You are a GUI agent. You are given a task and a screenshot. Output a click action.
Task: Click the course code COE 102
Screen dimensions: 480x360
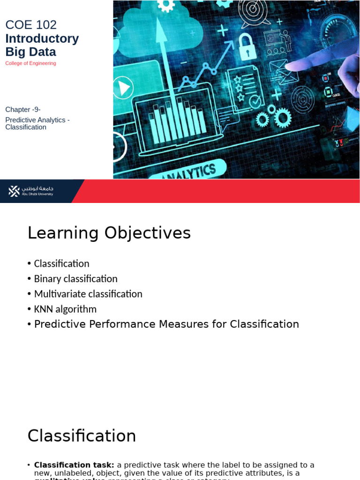[31, 25]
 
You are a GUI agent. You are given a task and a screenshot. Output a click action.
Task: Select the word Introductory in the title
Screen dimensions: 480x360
[42, 38]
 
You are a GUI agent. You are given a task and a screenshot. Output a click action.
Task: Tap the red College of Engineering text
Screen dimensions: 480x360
[30, 63]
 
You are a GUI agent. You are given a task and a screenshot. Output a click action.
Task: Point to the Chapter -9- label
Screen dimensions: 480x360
[23, 110]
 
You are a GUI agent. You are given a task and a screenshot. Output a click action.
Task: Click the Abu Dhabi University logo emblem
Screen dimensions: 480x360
[14, 191]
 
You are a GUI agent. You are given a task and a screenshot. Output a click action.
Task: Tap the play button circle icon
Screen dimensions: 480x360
[123, 88]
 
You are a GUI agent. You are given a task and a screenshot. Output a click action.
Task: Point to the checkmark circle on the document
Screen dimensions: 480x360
[255, 101]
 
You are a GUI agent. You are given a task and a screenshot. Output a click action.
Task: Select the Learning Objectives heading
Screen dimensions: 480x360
[109, 233]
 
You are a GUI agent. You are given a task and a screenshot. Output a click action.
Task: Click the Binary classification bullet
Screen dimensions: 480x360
[75, 279]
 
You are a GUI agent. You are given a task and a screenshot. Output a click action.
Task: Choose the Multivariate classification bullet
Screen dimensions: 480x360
[88, 294]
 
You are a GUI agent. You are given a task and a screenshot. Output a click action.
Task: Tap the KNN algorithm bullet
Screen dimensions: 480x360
[65, 309]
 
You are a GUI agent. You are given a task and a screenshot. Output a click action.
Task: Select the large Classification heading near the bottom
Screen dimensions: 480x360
[82, 436]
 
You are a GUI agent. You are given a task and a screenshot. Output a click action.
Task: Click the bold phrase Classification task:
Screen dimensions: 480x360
[74, 465]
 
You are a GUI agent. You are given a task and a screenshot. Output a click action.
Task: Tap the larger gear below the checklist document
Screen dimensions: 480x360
[283, 117]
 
